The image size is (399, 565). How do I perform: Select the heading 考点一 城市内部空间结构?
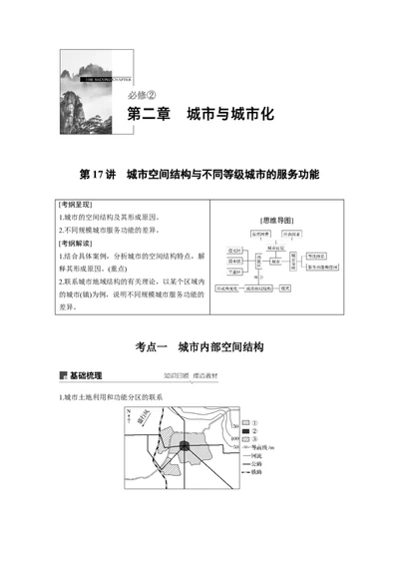pyautogui.click(x=199, y=346)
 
